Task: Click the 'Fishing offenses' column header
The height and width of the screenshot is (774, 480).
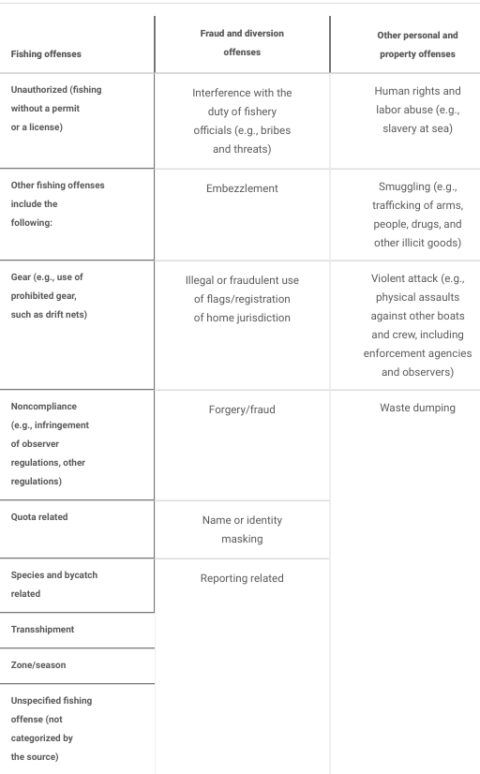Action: (46, 53)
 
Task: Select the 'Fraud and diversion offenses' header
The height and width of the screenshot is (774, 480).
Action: (242, 43)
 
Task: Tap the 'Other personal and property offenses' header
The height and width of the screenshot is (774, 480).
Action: (406, 45)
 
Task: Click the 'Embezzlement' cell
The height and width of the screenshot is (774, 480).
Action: (242, 188)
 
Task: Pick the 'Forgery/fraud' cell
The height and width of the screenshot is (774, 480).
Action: (242, 409)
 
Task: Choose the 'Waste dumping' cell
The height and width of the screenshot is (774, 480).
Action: (417, 408)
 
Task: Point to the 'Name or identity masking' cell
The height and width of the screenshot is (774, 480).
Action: (242, 529)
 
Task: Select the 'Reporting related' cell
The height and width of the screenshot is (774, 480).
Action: (242, 578)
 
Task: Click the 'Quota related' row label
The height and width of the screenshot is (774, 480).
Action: (39, 516)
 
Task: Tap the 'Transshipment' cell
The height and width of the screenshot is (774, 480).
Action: (42, 629)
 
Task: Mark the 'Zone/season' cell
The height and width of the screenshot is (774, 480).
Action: (38, 664)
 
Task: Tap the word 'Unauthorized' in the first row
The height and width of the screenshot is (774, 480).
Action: (42, 89)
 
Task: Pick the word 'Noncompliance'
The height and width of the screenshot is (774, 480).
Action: (44, 407)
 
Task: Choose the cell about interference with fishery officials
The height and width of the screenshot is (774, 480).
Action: (242, 121)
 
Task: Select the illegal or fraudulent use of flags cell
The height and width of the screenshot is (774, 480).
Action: (242, 299)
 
